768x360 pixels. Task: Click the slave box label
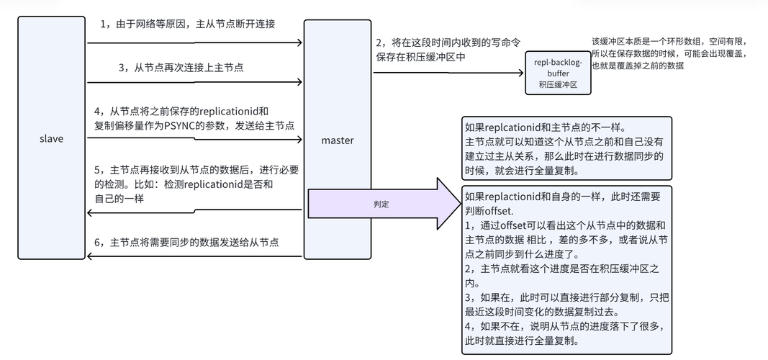pos(52,139)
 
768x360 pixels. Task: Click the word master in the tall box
pos(337,140)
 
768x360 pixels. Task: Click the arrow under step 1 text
pos(194,42)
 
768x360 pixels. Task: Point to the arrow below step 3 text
pos(194,83)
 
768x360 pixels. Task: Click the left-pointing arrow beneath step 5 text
pos(194,210)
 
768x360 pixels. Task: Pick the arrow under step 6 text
pos(194,256)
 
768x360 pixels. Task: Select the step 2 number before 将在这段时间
pos(378,42)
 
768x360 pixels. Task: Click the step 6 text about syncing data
pos(194,243)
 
